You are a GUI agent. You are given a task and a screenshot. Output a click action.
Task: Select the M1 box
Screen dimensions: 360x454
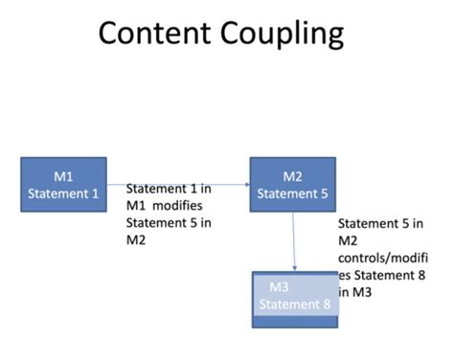click(62, 186)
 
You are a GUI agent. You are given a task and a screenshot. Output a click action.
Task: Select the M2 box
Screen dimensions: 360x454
click(292, 186)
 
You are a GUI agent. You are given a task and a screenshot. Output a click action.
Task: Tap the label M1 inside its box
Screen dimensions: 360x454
click(62, 176)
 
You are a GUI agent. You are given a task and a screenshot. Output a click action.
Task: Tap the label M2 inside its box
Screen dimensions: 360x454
click(293, 176)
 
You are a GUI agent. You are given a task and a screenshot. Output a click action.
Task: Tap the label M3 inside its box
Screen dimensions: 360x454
click(280, 287)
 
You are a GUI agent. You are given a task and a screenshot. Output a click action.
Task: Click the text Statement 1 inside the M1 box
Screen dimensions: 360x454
click(62, 193)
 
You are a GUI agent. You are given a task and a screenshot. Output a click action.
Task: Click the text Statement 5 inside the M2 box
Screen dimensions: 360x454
click(293, 193)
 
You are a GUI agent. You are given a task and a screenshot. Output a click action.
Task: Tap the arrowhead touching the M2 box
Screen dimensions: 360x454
click(247, 185)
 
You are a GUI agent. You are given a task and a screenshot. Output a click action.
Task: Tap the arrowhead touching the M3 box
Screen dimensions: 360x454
click(294, 268)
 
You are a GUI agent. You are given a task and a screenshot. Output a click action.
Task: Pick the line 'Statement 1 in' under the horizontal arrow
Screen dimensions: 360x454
click(169, 190)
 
